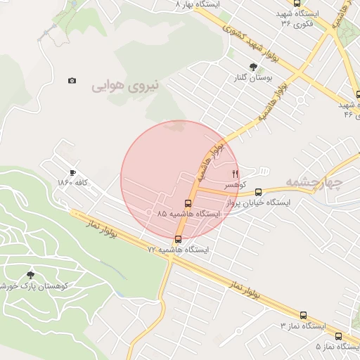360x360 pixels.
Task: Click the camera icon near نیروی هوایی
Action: pyautogui.click(x=72, y=81)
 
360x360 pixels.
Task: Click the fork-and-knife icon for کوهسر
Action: pyautogui.click(x=236, y=173)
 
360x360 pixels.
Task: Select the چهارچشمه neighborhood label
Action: pyautogui.click(x=314, y=184)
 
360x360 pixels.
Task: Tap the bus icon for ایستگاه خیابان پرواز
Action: pyautogui.click(x=258, y=191)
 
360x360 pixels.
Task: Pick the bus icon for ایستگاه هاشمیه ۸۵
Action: pyautogui.click(x=187, y=203)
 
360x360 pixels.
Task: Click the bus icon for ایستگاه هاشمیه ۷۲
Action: pyautogui.click(x=177, y=238)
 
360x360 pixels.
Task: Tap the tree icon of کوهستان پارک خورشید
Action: pyautogui.click(x=30, y=275)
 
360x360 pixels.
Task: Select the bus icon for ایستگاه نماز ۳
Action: pyautogui.click(x=303, y=316)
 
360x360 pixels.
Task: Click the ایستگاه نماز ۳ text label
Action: pyautogui.click(x=303, y=326)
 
